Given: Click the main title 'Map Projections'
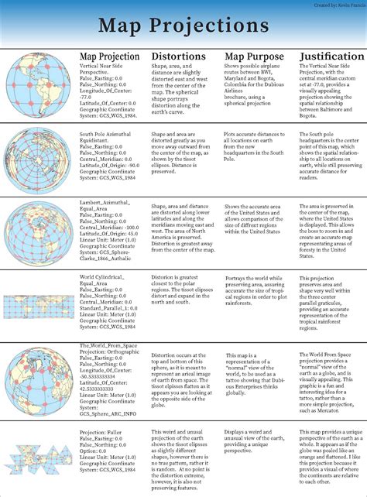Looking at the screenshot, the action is [x=183, y=26].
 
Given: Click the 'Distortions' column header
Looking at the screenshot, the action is [x=178, y=57].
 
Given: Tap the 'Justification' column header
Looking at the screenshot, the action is [x=331, y=57].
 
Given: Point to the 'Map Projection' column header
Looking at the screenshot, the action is [x=109, y=57].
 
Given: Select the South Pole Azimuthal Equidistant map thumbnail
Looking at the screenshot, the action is [x=38, y=158].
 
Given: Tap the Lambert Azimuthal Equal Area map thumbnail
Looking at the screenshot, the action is [x=38, y=232].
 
